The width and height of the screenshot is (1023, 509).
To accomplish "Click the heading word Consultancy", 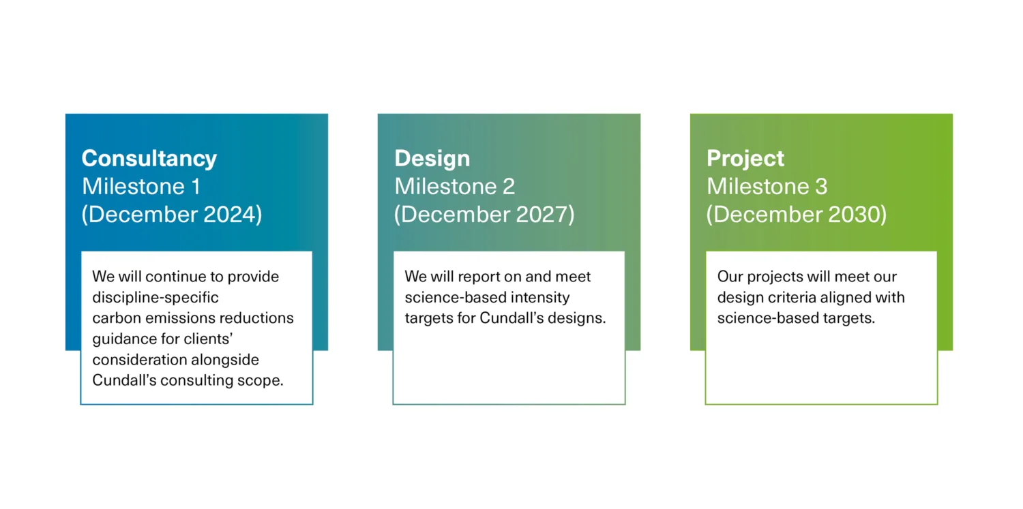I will click(149, 159).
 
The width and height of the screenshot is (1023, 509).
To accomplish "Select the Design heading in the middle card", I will click(432, 159).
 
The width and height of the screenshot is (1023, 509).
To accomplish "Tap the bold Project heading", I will click(745, 159).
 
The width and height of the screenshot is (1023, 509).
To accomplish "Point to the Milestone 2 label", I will click(455, 186).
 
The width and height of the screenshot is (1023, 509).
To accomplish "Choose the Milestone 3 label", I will click(767, 186).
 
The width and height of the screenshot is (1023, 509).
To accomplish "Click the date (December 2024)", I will click(172, 215).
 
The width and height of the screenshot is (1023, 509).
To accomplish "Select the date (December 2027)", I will click(484, 215).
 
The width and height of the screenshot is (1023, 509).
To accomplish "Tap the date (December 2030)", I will click(797, 215).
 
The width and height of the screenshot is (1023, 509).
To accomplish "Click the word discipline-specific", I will click(155, 298).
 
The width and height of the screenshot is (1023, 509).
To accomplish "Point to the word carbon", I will click(113, 318).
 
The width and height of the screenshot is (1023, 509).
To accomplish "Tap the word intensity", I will click(544, 298).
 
